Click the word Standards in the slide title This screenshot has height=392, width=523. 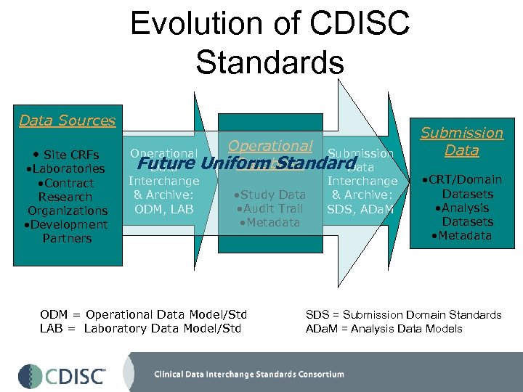[269, 62]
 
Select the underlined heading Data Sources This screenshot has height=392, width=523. [68, 121]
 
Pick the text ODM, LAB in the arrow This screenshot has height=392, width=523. [163, 209]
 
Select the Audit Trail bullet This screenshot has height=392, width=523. [269, 208]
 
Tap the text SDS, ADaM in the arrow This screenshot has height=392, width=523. [361, 209]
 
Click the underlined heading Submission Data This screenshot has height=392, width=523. [461, 142]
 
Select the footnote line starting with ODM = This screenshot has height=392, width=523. [144, 314]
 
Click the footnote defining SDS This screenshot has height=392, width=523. [403, 314]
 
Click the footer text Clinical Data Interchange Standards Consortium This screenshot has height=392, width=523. [248, 375]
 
